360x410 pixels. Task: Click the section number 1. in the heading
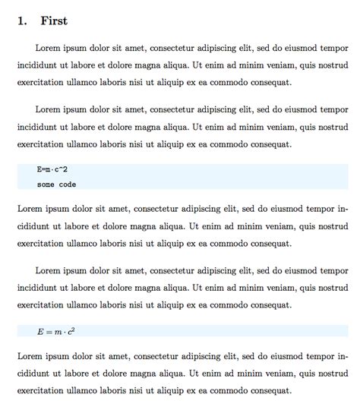(23, 20)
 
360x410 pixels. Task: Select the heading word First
(54, 20)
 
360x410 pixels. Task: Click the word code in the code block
(67, 184)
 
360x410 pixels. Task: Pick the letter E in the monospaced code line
(39, 169)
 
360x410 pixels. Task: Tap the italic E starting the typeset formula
(40, 331)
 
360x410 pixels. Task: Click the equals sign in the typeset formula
(49, 332)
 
